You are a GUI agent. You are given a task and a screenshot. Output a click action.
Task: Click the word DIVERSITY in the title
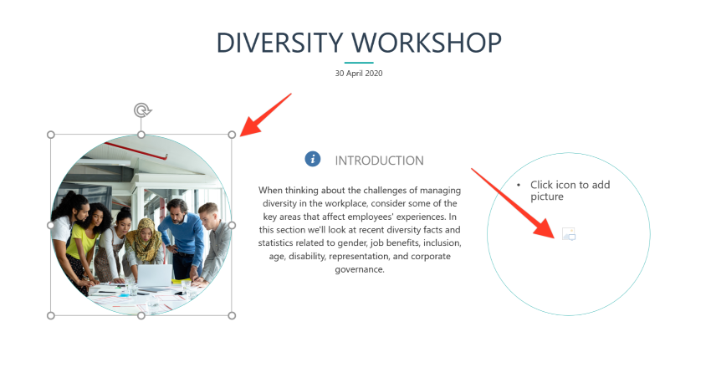click(x=279, y=43)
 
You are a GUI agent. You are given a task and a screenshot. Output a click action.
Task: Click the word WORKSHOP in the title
click(x=427, y=43)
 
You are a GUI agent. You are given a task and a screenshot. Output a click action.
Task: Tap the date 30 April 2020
click(x=359, y=74)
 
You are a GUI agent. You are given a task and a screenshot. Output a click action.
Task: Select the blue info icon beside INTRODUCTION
click(x=313, y=159)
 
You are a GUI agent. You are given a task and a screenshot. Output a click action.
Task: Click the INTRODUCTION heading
click(x=379, y=161)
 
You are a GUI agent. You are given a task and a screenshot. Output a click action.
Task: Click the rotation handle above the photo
click(x=142, y=110)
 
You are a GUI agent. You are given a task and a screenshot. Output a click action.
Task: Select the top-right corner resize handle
click(x=232, y=135)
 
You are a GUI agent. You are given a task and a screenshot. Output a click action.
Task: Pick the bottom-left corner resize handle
click(x=51, y=315)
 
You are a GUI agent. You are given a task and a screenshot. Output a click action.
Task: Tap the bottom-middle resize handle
click(x=141, y=315)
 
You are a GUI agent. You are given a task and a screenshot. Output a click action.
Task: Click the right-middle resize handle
click(x=232, y=225)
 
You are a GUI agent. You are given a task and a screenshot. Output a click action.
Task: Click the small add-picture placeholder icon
click(x=569, y=234)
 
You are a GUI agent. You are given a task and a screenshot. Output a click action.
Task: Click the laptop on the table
click(x=155, y=277)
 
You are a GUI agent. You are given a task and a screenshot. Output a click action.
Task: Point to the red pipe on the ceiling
click(x=136, y=151)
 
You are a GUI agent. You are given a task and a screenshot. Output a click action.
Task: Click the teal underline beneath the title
click(x=359, y=63)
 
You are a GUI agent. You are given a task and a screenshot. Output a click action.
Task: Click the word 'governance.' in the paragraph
click(x=360, y=270)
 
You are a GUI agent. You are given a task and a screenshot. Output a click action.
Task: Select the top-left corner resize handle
click(x=51, y=135)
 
